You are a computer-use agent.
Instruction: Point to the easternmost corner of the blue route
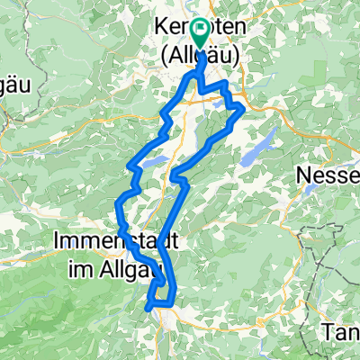(244, 107)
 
